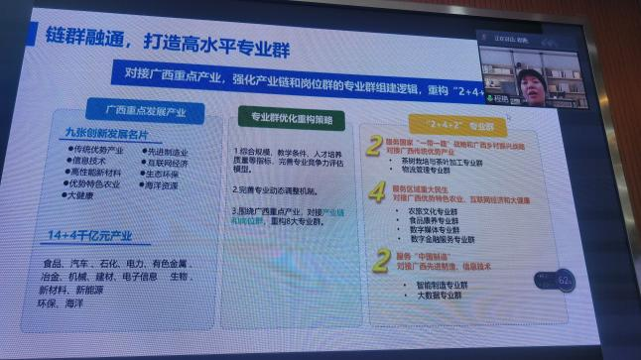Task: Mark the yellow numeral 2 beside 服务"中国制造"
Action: (x=380, y=261)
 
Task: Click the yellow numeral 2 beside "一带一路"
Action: (x=374, y=147)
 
